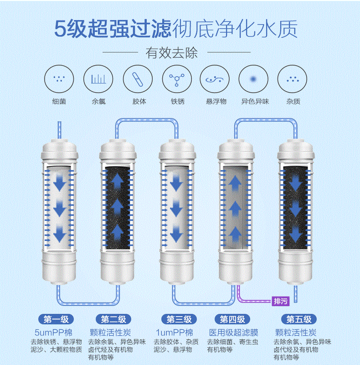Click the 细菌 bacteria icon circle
pyautogui.click(x=59, y=79)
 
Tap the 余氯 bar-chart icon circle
pyautogui.click(x=98, y=79)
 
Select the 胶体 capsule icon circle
pyautogui.click(x=137, y=79)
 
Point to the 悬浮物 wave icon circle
pyautogui.click(x=215, y=79)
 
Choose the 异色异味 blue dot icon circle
pyautogui.click(x=254, y=79)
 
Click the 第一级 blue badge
pyautogui.click(x=56, y=319)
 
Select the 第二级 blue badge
pyautogui.click(x=114, y=319)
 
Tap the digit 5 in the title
pyautogui.click(x=62, y=29)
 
